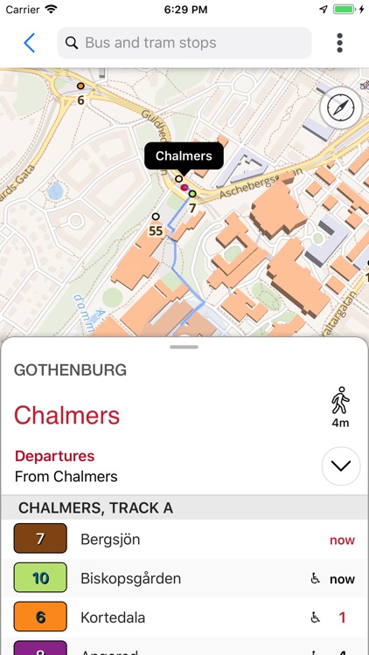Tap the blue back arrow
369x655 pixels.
(x=30, y=43)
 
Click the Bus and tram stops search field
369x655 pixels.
(x=184, y=43)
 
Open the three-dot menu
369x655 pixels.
(x=339, y=43)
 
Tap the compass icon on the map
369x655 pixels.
(x=341, y=108)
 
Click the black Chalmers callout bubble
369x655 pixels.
(x=184, y=156)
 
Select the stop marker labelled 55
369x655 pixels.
(x=156, y=217)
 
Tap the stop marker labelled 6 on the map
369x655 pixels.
(x=80, y=86)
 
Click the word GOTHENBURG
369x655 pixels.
(x=70, y=370)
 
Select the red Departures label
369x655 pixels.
(x=54, y=456)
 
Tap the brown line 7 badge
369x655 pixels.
(x=40, y=539)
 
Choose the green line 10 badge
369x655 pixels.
(x=40, y=578)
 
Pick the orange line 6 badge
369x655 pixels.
(x=40, y=617)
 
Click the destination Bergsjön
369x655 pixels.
(x=109, y=540)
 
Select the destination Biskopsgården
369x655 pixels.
(x=130, y=578)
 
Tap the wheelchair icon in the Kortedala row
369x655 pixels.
(x=316, y=617)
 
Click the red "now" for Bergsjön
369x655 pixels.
(x=342, y=540)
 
